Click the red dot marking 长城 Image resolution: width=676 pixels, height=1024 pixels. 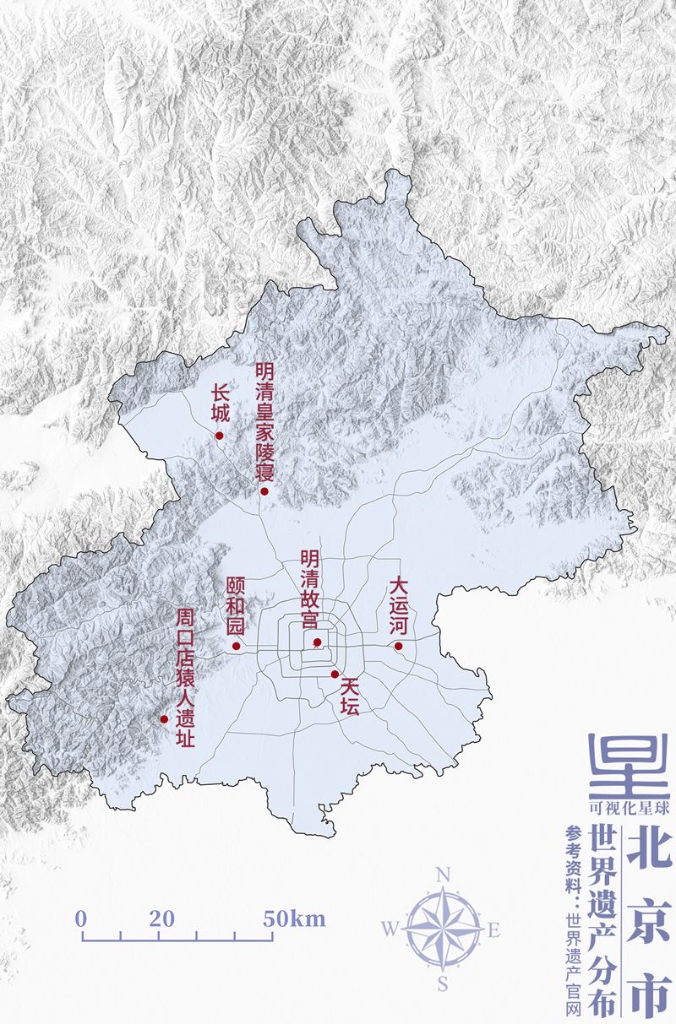219,436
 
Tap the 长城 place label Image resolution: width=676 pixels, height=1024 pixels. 220,404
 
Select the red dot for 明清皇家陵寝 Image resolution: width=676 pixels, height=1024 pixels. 264,491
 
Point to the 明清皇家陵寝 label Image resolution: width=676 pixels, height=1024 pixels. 264,421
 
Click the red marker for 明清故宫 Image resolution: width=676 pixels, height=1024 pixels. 317,643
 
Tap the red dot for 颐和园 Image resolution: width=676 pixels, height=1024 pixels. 236,647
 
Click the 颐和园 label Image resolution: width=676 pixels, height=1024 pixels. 235,607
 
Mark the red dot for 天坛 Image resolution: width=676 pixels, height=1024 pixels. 335,674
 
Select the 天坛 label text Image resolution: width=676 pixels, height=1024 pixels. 350,697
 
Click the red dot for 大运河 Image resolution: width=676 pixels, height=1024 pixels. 397,647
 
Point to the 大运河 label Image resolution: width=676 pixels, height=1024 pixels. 398,606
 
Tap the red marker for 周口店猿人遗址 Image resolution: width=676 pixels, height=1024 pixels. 164,719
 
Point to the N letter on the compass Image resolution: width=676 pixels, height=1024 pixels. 442,875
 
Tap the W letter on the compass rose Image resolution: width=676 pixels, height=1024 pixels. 390,929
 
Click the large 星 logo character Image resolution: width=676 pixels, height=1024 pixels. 628,764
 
